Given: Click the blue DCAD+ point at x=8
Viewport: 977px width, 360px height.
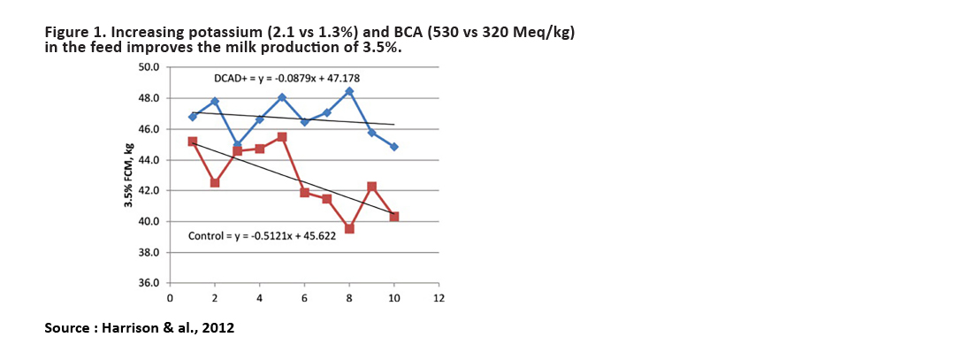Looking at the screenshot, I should pyautogui.click(x=349, y=91).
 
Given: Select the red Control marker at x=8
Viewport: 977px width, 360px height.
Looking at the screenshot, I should pyautogui.click(x=349, y=228).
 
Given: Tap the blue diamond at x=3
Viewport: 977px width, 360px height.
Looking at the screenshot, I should pyautogui.click(x=237, y=145).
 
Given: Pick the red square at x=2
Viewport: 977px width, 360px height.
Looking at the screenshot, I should pyautogui.click(x=215, y=182).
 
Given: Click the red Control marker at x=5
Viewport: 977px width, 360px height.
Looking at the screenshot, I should pyautogui.click(x=282, y=137).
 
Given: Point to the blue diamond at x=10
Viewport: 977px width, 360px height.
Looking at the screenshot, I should pyautogui.click(x=394, y=147).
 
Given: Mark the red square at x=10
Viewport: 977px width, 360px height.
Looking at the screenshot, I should pyautogui.click(x=394, y=217).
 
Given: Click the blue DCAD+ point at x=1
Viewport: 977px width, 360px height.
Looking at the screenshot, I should pyautogui.click(x=193, y=117).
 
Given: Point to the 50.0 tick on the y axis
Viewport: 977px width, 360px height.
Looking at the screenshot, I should pyautogui.click(x=149, y=67).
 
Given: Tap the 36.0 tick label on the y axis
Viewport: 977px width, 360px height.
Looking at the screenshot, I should pyautogui.click(x=149, y=283).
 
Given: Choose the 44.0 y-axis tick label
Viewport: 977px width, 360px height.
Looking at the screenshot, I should pyautogui.click(x=149, y=160).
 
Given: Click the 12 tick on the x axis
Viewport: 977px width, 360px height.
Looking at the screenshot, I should pyautogui.click(x=439, y=297).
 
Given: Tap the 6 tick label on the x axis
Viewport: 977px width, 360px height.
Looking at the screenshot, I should pyautogui.click(x=304, y=297).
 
